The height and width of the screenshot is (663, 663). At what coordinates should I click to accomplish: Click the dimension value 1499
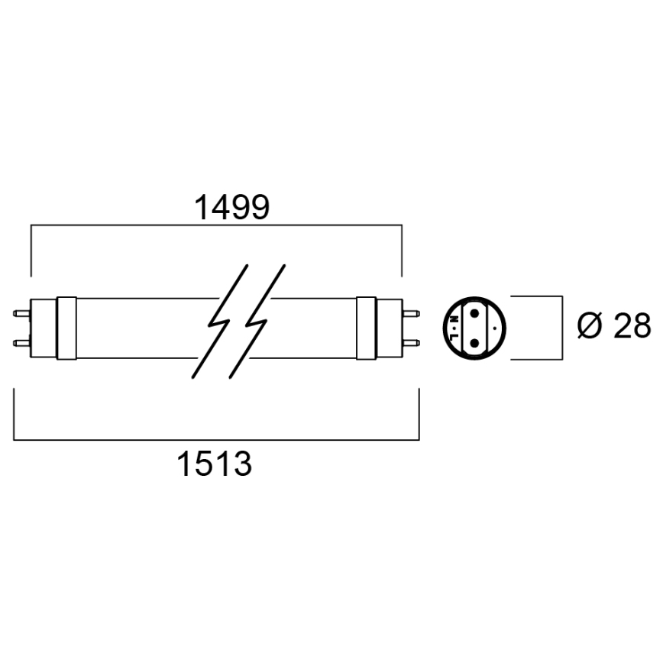231,207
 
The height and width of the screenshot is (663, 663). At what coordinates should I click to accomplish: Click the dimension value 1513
215,464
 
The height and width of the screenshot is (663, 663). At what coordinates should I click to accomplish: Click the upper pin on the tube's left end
21,312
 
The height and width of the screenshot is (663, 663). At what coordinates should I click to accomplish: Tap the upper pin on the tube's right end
410,312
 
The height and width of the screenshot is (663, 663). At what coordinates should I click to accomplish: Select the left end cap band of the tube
66,326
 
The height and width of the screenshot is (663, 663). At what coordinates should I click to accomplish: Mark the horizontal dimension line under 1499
216,226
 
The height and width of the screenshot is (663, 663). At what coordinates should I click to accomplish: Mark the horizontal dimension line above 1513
216,440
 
